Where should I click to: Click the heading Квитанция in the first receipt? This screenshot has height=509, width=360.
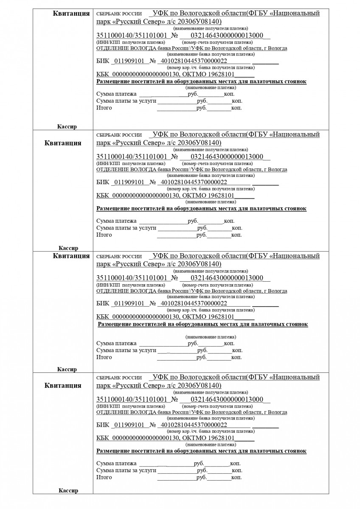[x=71, y=14]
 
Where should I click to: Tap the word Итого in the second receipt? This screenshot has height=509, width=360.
[x=104, y=235]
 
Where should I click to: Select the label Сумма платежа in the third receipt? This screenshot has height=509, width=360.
[x=116, y=343]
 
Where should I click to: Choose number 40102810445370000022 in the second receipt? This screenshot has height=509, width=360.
[x=192, y=182]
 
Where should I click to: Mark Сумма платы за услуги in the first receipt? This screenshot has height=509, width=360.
[x=126, y=101]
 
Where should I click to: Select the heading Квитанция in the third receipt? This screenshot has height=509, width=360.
[x=71, y=256]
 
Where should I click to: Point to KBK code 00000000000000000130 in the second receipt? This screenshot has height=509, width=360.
[x=144, y=196]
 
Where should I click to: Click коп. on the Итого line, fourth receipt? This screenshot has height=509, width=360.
[x=236, y=478]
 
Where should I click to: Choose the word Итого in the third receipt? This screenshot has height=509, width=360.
[x=104, y=357]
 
